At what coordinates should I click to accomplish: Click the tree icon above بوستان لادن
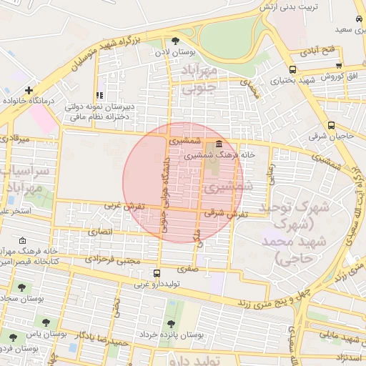176,41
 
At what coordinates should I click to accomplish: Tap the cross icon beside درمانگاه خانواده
28,91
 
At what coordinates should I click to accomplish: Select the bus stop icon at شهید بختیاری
293,69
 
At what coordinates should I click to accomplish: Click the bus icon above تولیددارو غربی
157,272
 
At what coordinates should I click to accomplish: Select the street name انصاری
100,232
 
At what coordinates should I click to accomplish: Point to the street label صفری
189,270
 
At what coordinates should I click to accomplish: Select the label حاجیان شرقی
331,134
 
